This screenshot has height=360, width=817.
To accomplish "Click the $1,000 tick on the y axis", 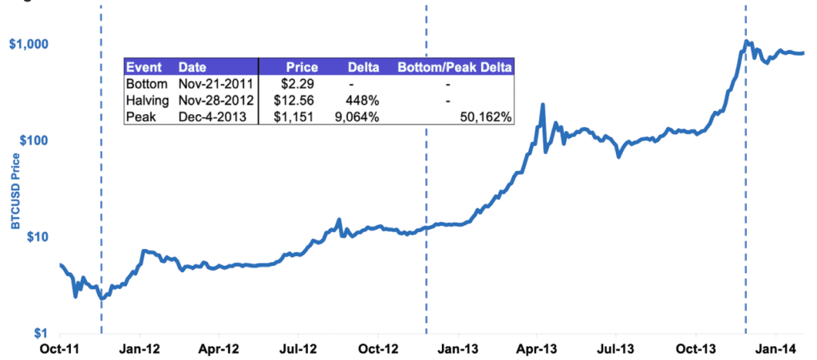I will point(26,44).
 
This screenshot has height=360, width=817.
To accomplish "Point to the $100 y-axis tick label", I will point(29,140).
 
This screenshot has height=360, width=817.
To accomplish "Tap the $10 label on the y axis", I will point(32,237).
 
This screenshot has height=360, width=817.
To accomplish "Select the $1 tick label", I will point(36,334).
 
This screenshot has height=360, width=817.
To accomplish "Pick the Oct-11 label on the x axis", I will point(60,349).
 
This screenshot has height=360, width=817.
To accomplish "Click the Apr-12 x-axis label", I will point(219,349).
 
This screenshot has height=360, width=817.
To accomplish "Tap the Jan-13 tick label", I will point(458,349).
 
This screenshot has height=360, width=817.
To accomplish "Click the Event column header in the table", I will point(144,67).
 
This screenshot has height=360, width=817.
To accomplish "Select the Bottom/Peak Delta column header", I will point(455,67).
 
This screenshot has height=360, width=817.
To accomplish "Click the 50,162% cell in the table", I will point(486,117).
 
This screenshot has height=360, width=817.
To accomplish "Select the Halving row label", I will point(148,100).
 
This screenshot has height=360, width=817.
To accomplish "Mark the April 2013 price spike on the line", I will point(543,105).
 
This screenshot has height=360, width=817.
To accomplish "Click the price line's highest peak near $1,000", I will point(746,41).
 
